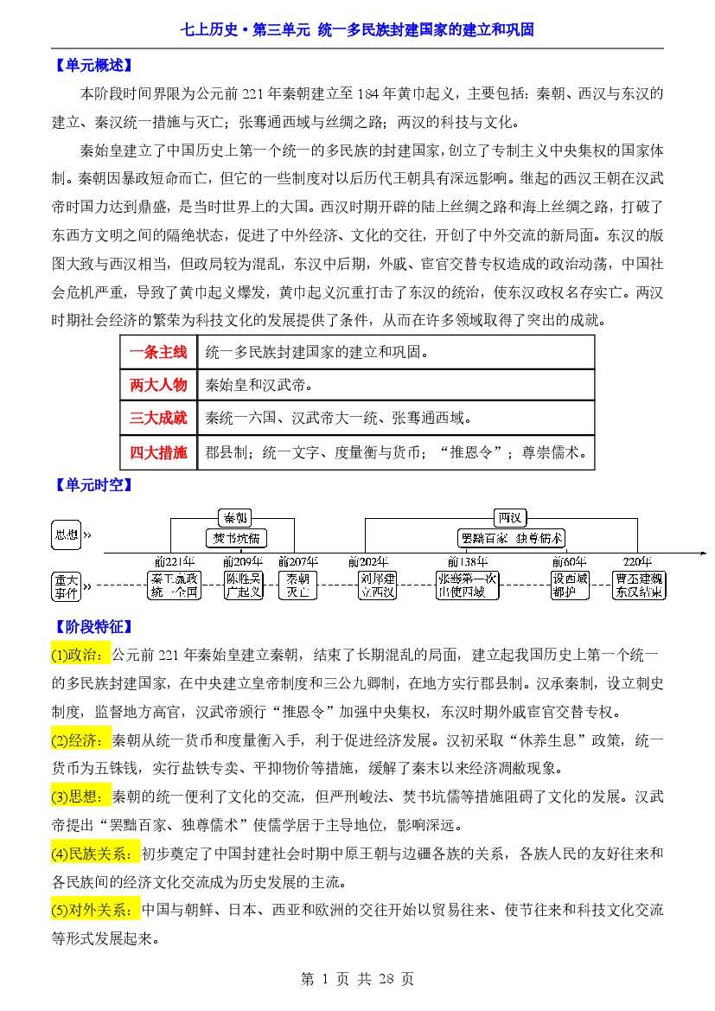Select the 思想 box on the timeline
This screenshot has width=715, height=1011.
[x=67, y=534]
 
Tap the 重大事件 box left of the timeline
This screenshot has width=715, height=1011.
[x=67, y=585]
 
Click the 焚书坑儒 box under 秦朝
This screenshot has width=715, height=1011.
[x=236, y=538]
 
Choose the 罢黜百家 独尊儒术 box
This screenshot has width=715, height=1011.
[x=512, y=538]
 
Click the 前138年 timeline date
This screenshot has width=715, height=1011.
[x=467, y=561]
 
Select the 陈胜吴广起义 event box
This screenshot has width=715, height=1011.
[x=243, y=585]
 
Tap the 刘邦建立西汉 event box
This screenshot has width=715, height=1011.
[x=378, y=585]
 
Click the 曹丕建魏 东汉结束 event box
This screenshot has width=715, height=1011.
[x=638, y=585]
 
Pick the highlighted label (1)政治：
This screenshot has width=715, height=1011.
[x=81, y=653]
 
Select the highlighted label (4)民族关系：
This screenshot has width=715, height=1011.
[x=95, y=854]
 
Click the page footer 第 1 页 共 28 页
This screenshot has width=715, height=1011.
[x=357, y=979]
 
